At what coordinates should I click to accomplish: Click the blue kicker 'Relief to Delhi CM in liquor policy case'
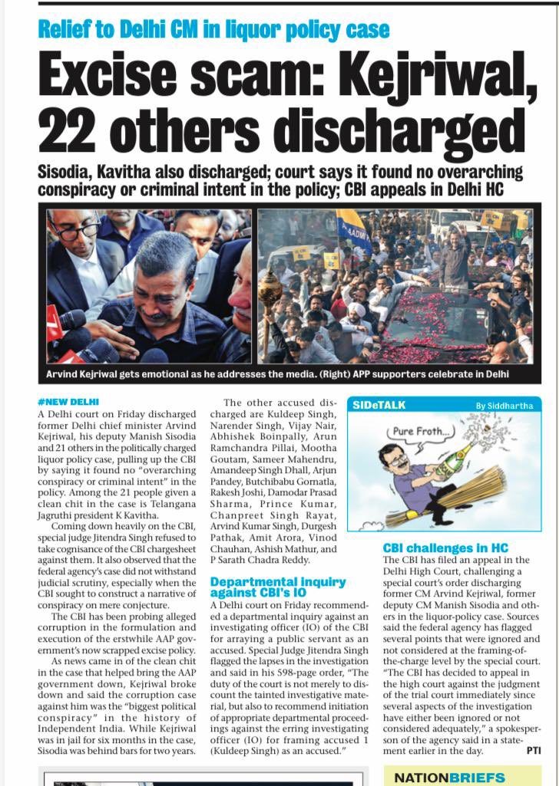[x=214, y=30]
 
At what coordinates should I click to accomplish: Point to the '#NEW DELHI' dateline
[x=68, y=402]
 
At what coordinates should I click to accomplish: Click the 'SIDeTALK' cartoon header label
[x=379, y=404]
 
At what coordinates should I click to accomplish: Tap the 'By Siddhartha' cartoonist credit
[x=504, y=406]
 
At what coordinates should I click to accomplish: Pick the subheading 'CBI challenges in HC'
[x=445, y=548]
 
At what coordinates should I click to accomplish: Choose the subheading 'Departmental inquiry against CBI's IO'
[x=277, y=587]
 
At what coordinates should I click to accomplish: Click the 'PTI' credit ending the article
[x=533, y=751]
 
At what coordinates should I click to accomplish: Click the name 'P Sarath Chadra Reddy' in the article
[x=265, y=560]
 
